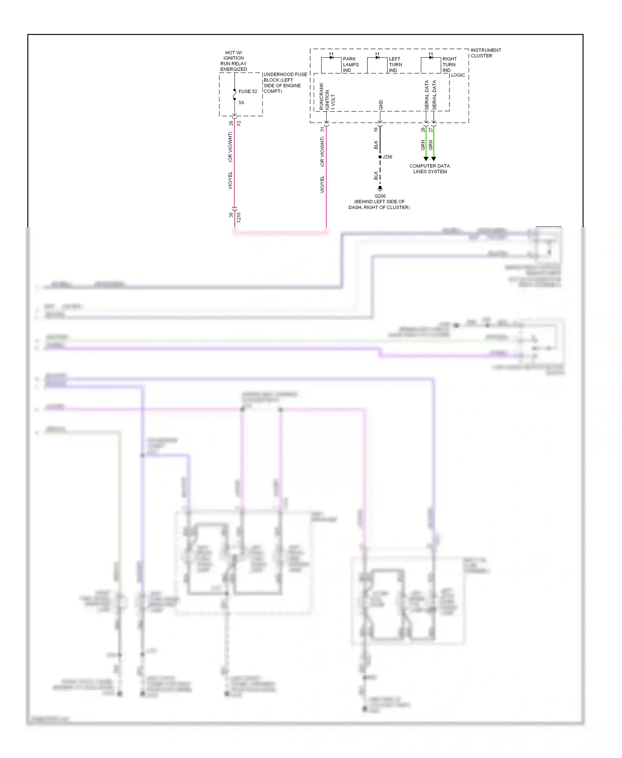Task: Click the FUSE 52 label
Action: point(248,91)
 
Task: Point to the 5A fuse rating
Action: point(241,102)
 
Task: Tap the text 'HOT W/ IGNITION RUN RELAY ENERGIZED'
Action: point(233,61)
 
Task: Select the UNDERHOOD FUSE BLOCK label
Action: point(285,83)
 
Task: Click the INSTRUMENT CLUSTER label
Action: point(486,53)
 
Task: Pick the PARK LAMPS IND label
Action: point(351,65)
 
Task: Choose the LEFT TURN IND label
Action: point(395,65)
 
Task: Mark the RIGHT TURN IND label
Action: point(449,65)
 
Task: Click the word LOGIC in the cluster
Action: point(458,75)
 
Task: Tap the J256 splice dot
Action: point(380,157)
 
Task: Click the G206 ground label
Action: point(380,196)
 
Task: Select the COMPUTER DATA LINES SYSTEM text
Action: point(430,169)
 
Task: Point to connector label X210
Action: point(239,217)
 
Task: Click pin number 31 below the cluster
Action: point(322,129)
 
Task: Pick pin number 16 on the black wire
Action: point(376,129)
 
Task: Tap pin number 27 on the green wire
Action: point(431,129)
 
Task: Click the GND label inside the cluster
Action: point(381,105)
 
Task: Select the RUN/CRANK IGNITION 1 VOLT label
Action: point(327,97)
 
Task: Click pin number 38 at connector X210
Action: point(231,215)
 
